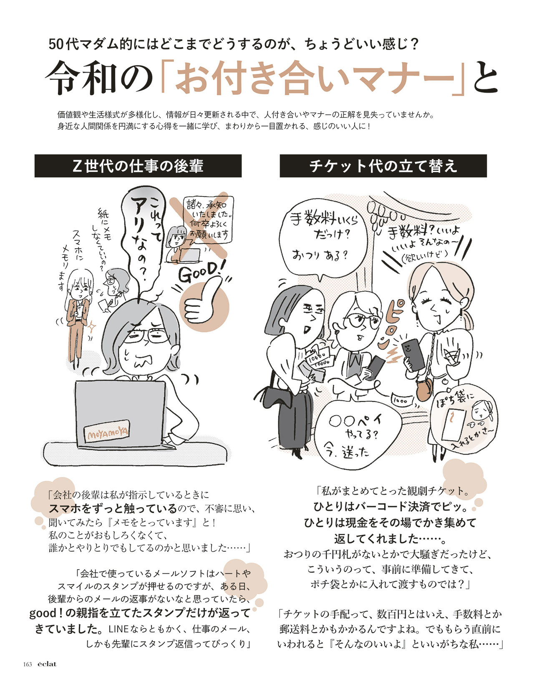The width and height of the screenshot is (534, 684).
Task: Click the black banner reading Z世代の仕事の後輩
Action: coord(138,166)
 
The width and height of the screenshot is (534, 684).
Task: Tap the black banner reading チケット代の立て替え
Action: coord(383,166)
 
